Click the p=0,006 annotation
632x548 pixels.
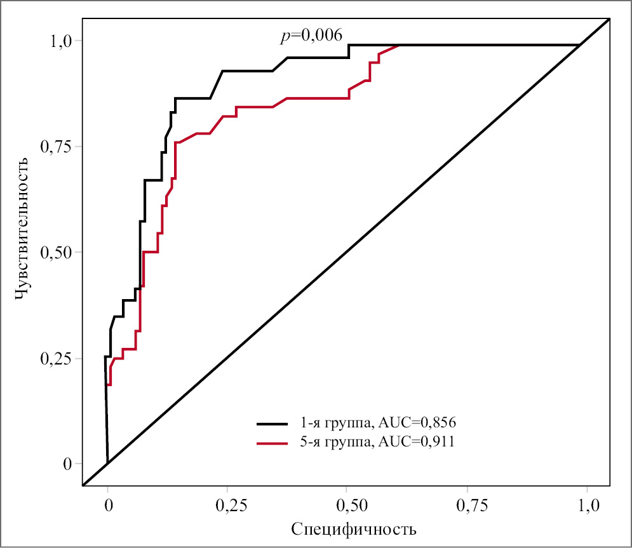[x=311, y=36]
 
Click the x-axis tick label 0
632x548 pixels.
[x=108, y=505]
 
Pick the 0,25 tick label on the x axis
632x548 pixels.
[x=228, y=505]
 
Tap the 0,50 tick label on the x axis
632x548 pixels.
[x=347, y=505]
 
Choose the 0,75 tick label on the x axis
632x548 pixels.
[x=467, y=505]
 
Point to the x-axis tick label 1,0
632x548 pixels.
[x=587, y=505]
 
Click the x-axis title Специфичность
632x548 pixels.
[x=354, y=528]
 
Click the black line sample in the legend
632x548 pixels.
[x=273, y=422]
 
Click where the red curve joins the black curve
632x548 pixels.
[x=399, y=45]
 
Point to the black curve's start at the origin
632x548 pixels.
[x=108, y=463]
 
